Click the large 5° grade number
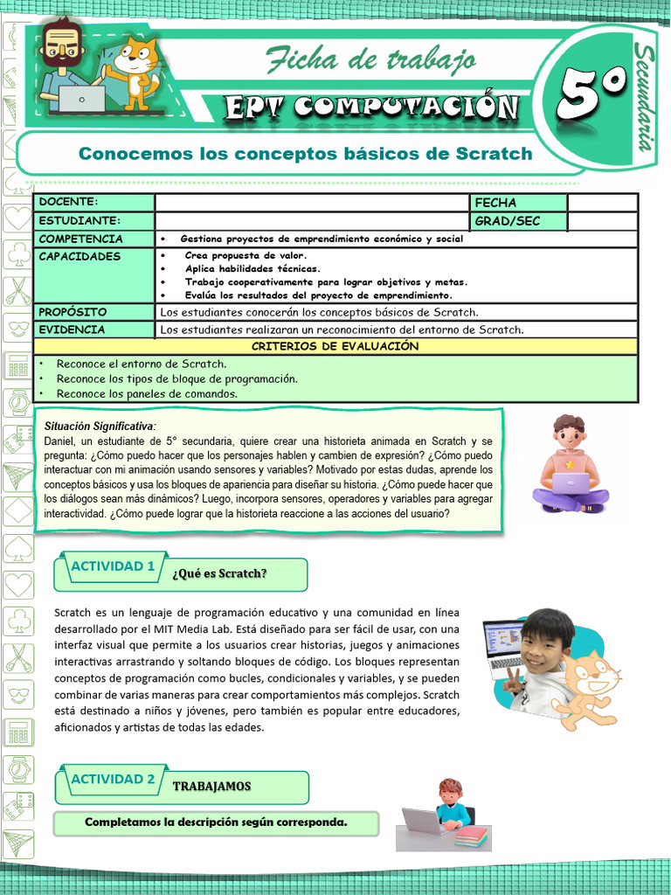[x=591, y=94]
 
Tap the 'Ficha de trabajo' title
[x=371, y=59]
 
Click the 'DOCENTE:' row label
[x=69, y=203]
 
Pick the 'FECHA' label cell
[x=495, y=203]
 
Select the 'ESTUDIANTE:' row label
[x=80, y=221]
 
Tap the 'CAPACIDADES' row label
[x=80, y=257]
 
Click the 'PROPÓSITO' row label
[x=73, y=312]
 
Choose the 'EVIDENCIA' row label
[x=73, y=330]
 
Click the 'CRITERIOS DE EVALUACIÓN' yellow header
[x=335, y=347]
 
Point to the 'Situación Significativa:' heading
[x=100, y=426]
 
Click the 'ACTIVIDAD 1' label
[x=112, y=566]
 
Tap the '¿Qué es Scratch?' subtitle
[x=219, y=573]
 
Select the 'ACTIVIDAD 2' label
[x=112, y=779]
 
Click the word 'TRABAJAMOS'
[x=211, y=786]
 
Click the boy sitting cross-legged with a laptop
[x=570, y=465]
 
